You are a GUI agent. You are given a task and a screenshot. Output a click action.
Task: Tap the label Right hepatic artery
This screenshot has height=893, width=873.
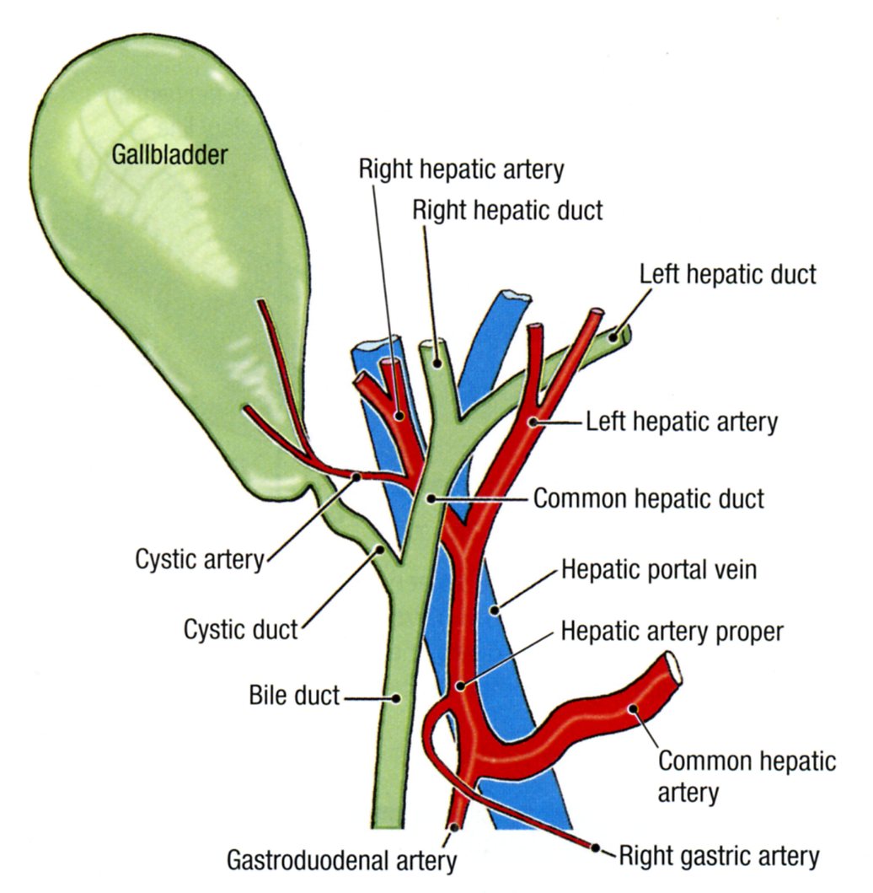[x=461, y=169]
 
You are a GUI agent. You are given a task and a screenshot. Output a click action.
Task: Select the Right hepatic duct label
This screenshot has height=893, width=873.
[x=507, y=210]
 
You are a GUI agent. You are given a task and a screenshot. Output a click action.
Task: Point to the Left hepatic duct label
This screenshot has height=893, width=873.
[x=727, y=274]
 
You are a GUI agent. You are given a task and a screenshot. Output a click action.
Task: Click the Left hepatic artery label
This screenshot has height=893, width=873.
[x=682, y=422]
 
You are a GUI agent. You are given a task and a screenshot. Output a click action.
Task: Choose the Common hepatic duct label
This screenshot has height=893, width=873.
[x=649, y=498]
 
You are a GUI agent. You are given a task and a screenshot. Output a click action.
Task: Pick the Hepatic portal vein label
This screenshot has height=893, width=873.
[x=659, y=570]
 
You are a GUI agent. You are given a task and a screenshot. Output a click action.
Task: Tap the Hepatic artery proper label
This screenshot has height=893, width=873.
[x=672, y=631]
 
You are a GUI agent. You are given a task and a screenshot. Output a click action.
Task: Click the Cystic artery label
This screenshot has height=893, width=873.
[x=200, y=560]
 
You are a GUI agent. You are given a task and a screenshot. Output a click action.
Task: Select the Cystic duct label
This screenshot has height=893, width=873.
[x=241, y=628]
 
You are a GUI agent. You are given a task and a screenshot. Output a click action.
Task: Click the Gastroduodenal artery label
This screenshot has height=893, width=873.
[x=341, y=860]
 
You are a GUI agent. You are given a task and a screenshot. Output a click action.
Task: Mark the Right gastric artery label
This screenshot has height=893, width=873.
[x=719, y=858]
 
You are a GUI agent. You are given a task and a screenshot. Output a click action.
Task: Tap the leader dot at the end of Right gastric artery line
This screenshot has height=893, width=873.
[x=596, y=847]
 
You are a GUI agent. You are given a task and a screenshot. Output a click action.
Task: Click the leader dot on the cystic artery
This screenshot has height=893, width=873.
[x=357, y=476]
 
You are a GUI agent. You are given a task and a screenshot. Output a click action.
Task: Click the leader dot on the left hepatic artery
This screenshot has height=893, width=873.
[x=533, y=420]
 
